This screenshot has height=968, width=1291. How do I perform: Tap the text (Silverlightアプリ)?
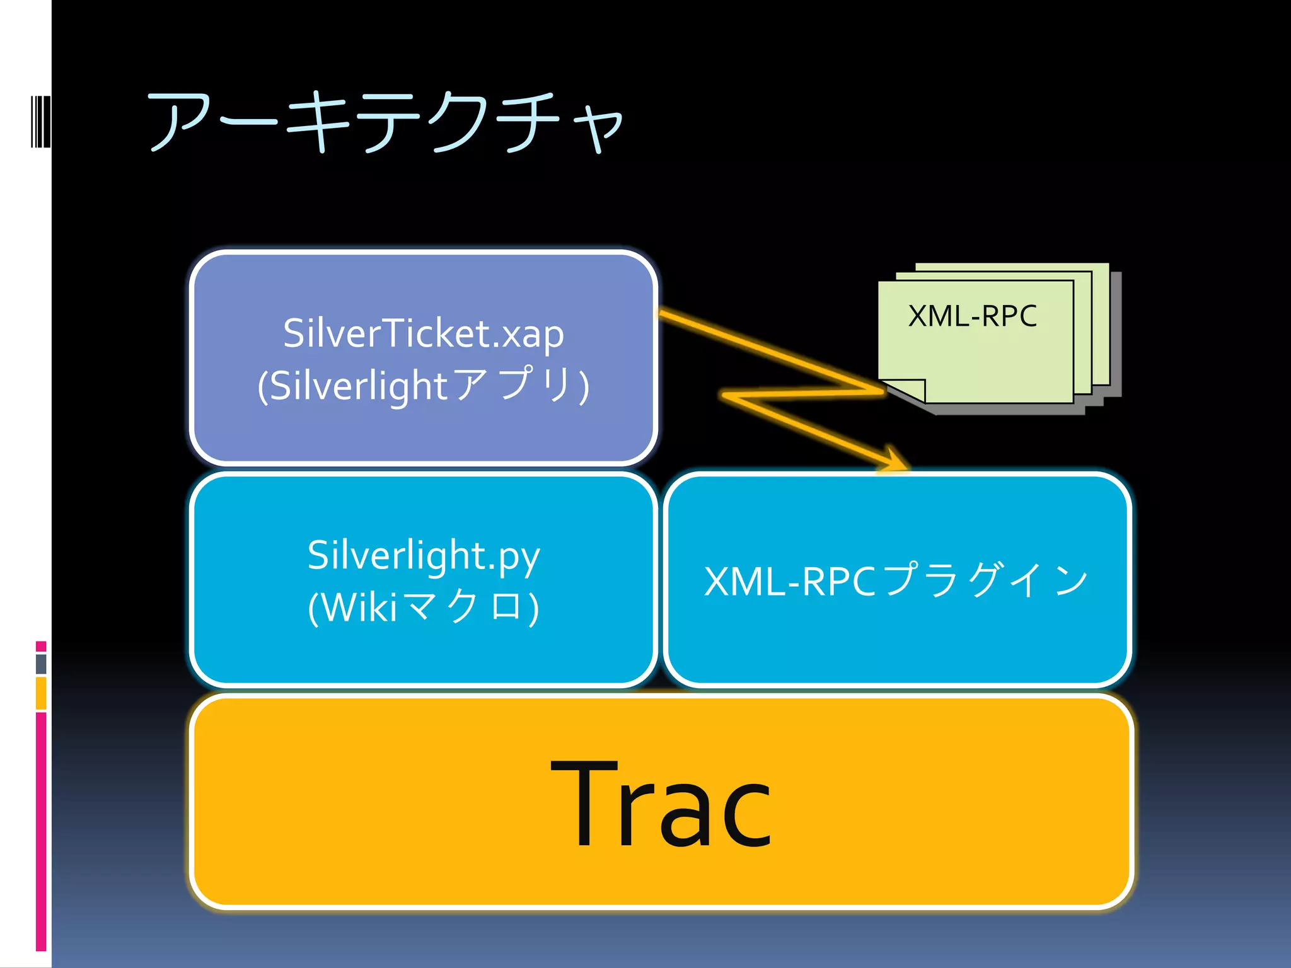(423, 385)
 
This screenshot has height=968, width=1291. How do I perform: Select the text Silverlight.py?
(423, 555)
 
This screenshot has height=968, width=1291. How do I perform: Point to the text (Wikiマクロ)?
(423, 607)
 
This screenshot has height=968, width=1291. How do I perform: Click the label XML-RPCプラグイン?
(896, 580)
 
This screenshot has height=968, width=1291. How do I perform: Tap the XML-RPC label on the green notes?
(972, 316)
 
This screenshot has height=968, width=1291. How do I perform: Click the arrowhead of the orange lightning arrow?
(895, 459)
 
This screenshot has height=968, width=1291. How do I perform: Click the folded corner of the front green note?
(908, 390)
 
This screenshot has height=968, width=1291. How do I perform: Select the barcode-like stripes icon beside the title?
(40, 122)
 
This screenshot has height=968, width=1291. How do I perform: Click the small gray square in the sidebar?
(41, 664)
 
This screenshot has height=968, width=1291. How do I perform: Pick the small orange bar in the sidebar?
(41, 693)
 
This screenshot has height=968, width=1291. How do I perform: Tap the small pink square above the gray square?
(41, 646)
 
